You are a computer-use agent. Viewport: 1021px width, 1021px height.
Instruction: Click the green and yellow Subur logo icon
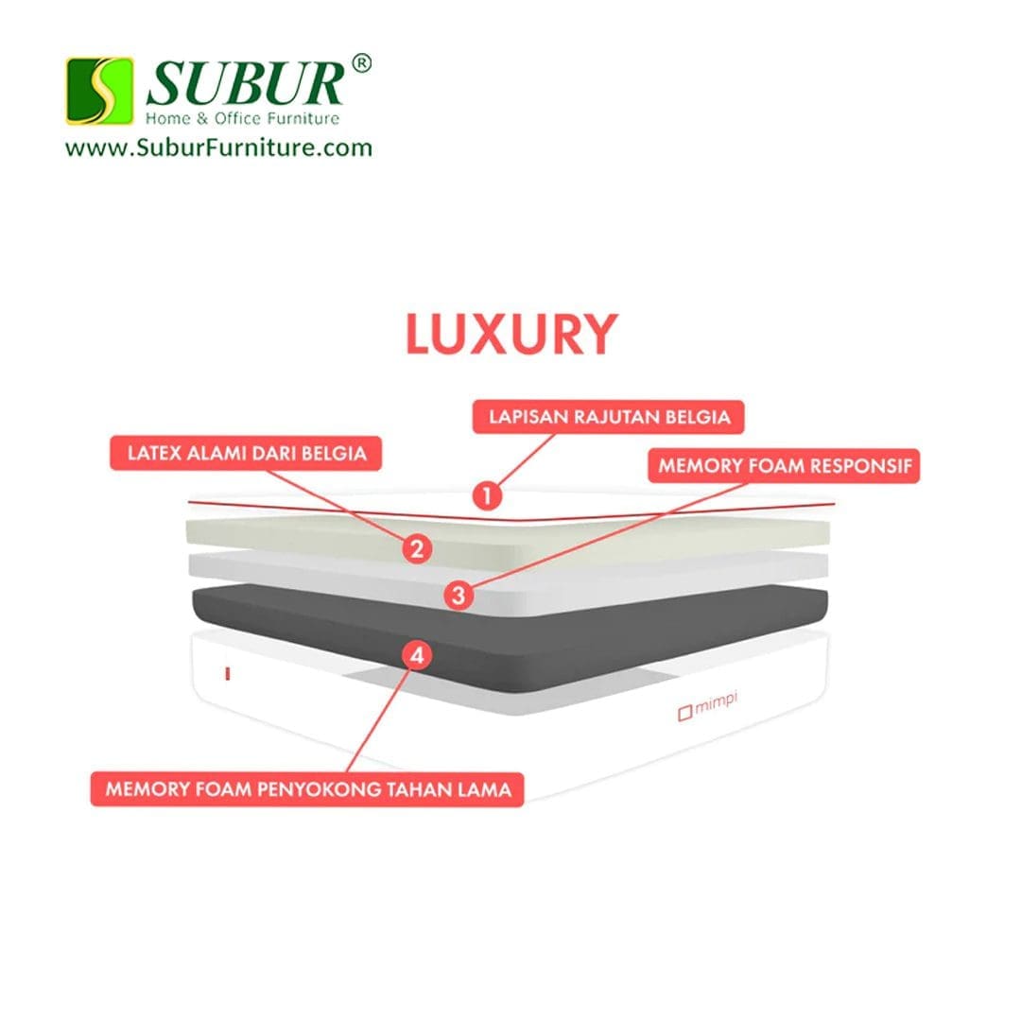click(x=99, y=91)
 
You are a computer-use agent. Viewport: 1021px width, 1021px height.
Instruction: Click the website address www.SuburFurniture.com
click(x=218, y=147)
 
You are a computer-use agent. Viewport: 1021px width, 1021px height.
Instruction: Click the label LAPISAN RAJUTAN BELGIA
click(x=608, y=416)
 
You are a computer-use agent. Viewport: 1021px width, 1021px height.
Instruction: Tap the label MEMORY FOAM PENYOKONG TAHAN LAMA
click(x=307, y=788)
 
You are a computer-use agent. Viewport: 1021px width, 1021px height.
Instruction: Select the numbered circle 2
click(x=417, y=547)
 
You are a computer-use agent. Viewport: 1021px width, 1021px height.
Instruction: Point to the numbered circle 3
click(x=459, y=596)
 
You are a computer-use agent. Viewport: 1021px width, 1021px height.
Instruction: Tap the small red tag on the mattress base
click(x=228, y=673)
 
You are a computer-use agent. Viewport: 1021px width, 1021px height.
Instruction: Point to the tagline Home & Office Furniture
click(x=242, y=119)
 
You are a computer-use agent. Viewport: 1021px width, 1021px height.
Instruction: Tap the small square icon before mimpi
click(x=684, y=714)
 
